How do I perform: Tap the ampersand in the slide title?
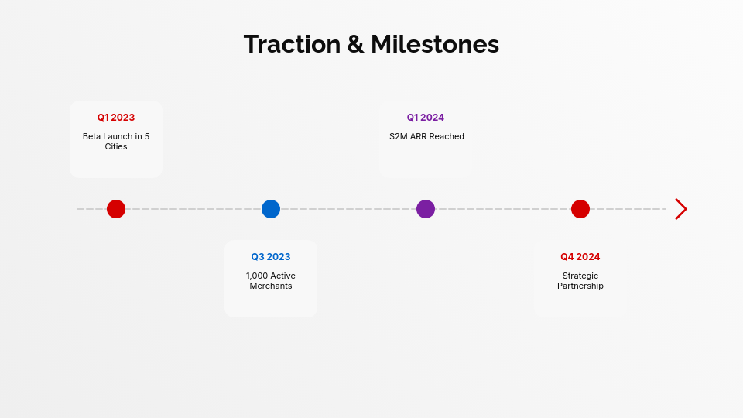(x=355, y=44)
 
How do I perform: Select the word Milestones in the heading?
(x=435, y=44)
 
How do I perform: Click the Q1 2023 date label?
(x=116, y=118)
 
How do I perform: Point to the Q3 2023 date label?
(x=271, y=257)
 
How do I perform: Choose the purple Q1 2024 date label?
(x=426, y=118)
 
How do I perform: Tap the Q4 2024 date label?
(x=580, y=257)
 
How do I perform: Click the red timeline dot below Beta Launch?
(x=116, y=209)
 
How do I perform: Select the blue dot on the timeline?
(x=271, y=209)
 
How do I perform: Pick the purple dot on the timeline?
(x=426, y=209)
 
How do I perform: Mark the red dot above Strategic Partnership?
(x=580, y=209)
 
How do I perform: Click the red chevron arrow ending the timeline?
(x=680, y=209)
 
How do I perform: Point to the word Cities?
(x=116, y=146)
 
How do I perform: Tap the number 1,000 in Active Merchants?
(x=257, y=276)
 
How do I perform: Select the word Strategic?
(x=580, y=276)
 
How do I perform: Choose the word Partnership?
(x=580, y=286)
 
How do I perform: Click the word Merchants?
(x=271, y=286)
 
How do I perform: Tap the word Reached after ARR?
(x=447, y=136)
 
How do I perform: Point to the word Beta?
(x=92, y=136)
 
